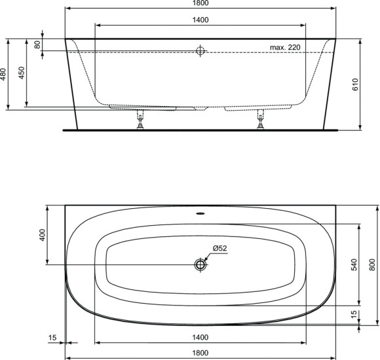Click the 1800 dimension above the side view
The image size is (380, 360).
[x=200, y=4]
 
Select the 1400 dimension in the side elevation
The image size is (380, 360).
[x=200, y=20]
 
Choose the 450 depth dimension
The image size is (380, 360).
[x=22, y=72]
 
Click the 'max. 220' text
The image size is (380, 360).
[x=284, y=48]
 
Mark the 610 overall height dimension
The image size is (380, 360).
[x=354, y=83]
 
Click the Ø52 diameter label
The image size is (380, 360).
[x=219, y=248]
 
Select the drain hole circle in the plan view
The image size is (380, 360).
[x=200, y=264]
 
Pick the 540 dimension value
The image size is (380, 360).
[x=354, y=264]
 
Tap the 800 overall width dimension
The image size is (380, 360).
[x=372, y=264]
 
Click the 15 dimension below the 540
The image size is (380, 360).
[x=354, y=314]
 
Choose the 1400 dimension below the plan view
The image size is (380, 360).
[x=200, y=337]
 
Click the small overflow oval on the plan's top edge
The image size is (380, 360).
[x=200, y=212]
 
